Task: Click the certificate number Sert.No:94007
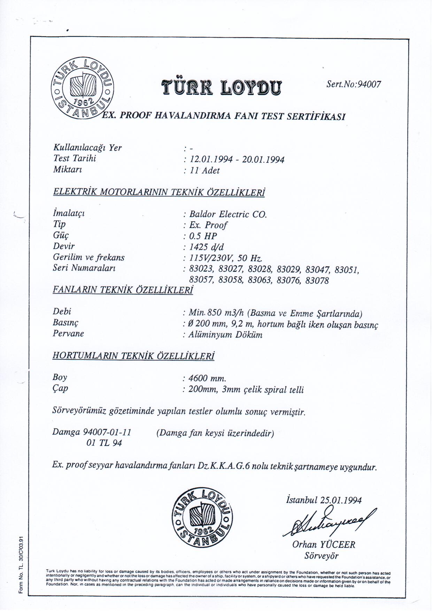(354, 84)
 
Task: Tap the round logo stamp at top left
(82, 89)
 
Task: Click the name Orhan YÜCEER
(324, 544)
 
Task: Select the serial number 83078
(317, 281)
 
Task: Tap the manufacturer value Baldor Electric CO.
(228, 214)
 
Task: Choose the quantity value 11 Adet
(205, 170)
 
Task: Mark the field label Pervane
(68, 334)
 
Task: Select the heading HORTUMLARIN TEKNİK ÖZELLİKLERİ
(133, 356)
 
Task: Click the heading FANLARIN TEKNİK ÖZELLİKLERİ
(123, 290)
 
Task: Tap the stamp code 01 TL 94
(104, 443)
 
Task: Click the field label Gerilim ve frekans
(88, 258)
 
